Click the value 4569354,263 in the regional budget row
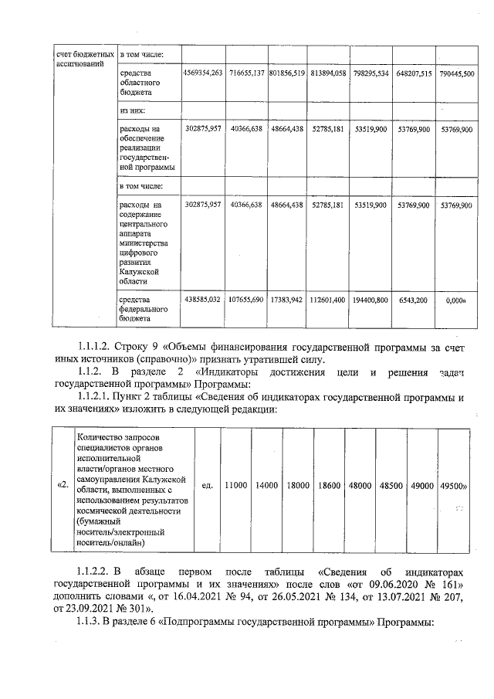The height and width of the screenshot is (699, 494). (203, 73)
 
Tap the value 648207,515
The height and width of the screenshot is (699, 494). (412, 73)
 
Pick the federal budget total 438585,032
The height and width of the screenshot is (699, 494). (203, 299)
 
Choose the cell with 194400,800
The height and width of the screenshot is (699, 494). (370, 299)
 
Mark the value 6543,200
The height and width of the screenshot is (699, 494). (413, 299)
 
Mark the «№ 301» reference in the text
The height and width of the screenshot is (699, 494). (138, 608)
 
